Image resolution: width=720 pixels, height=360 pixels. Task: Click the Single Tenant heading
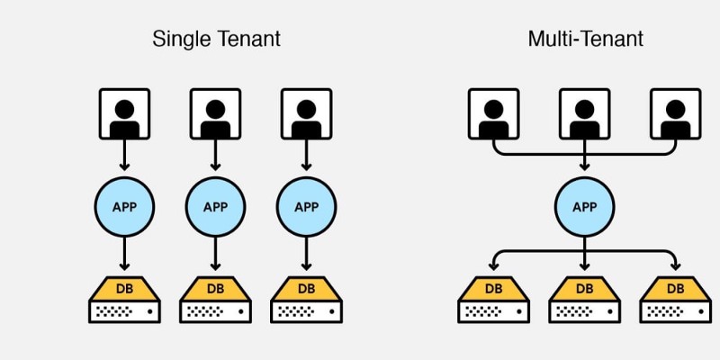[216, 39]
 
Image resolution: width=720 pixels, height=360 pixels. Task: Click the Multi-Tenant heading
[586, 39]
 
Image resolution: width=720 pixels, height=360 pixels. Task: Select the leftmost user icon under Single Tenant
[124, 114]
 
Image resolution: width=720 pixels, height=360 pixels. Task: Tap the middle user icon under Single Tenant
[215, 114]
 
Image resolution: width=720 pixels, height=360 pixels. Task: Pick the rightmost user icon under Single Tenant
[306, 114]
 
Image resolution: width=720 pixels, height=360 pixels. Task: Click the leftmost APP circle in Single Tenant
[124, 207]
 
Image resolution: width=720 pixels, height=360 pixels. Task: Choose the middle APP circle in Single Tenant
[215, 207]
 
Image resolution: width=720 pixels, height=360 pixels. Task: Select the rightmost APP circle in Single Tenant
[306, 207]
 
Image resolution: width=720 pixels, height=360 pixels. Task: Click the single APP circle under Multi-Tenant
[584, 207]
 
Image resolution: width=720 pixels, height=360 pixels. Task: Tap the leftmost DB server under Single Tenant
[124, 300]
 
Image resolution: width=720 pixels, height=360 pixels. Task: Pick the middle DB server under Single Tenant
[215, 300]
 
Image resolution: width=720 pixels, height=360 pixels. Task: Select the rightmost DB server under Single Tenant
[306, 300]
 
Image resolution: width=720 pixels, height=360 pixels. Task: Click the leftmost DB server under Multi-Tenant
[493, 300]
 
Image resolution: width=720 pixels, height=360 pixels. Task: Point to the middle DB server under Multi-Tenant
[584, 300]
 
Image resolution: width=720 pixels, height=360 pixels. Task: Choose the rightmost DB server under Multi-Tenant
[676, 300]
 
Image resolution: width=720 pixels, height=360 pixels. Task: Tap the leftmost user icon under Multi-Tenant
[493, 114]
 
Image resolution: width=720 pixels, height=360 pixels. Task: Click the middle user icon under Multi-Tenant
[584, 114]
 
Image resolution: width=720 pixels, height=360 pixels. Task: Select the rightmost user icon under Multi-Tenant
[676, 114]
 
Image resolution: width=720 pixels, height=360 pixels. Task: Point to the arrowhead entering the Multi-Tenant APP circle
[584, 166]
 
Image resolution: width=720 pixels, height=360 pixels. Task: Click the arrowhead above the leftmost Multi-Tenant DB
[493, 266]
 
